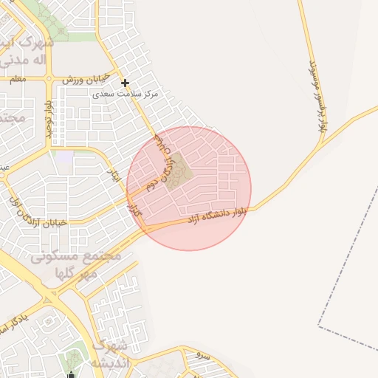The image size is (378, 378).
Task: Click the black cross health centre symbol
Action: pos(126,83)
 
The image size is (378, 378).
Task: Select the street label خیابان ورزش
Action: pos(85,78)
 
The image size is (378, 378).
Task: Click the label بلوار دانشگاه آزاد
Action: pos(216,215)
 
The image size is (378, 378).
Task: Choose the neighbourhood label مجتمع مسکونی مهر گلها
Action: pos(81,265)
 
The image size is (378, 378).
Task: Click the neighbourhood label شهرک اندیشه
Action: pos(111,354)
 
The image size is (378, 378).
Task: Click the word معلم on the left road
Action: pos(18,78)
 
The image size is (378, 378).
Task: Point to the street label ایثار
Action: pos(114,175)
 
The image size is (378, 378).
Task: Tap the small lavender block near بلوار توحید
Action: pos(65,157)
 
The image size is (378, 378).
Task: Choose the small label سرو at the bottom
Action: pos(203,356)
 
